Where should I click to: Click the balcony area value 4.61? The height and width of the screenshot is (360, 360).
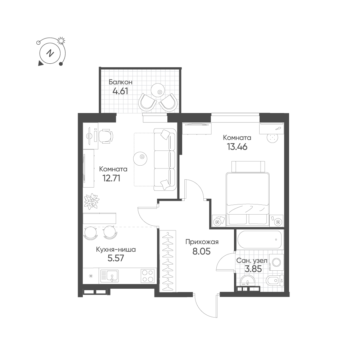pos(120,91)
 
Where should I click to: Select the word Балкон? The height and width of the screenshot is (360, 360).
pos(121,82)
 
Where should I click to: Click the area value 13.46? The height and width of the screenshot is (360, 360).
pos(237,147)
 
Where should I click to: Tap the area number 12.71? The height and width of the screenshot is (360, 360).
pos(111,178)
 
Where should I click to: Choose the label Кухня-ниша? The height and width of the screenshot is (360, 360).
pos(116,249)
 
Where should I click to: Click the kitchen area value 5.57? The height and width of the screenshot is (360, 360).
pos(116,258)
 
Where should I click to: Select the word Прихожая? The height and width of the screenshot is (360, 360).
pos(202,242)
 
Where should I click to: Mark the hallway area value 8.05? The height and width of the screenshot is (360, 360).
pos(201,251)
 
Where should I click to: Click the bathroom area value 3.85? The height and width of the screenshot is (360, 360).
pos(253,269)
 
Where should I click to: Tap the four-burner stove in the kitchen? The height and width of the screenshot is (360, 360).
pos(147,276)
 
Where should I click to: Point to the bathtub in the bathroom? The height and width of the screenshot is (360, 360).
pos(260,239)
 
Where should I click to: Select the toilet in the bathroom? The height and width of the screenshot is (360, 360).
pos(274,280)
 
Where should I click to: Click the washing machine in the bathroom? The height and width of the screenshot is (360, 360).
pos(276,262)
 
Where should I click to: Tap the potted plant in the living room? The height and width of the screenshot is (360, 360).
pos(91,201)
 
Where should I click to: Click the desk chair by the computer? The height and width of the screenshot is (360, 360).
pos(106,136)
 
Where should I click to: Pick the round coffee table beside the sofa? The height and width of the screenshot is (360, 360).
pos(140,158)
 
